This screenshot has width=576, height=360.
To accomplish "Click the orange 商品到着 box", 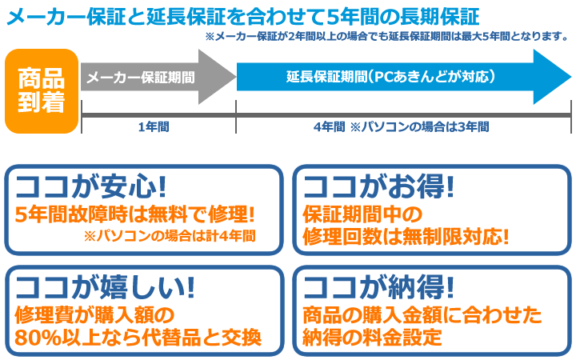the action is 42,91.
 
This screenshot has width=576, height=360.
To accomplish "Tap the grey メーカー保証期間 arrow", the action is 158,77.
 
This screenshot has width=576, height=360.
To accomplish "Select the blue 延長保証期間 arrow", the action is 404,77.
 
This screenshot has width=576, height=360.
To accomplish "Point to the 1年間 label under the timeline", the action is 154,127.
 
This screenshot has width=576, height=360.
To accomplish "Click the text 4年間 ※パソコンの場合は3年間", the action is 401,127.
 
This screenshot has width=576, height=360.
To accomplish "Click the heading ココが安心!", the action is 90,186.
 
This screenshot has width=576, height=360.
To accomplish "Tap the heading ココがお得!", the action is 378,186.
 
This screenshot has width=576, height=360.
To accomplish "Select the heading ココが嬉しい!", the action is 105,287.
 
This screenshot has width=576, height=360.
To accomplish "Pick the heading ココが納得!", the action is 378,287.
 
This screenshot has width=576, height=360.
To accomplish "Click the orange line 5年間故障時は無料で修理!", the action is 134,214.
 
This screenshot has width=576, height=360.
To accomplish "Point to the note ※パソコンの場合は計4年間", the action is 170,236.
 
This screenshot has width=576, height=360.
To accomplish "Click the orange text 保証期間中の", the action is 362,214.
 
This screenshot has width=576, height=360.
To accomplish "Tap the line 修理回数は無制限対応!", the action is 406,237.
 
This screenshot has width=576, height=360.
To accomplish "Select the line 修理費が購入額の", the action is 94,315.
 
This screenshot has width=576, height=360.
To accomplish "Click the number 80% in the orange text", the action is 38,338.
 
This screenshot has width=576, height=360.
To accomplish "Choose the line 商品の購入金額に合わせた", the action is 422,315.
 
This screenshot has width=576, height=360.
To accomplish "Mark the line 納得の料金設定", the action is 372,338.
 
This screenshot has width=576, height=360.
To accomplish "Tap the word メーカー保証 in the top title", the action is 66,17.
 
